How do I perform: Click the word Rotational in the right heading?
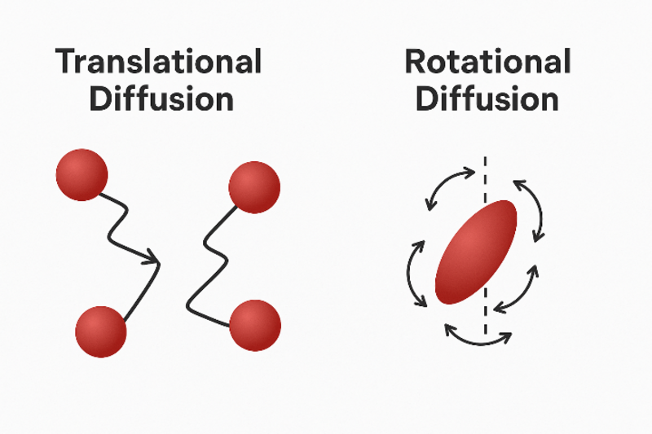point(487,63)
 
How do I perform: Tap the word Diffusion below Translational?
point(161,99)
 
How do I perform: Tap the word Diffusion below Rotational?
point(487,99)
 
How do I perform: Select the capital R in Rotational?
point(415,63)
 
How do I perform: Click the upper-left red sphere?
point(81,174)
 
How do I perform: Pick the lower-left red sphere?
point(100,331)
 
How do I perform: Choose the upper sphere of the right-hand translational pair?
point(254,186)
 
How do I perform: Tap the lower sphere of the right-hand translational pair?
point(255,325)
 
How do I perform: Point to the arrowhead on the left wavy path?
point(153,261)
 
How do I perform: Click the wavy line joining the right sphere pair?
point(204,261)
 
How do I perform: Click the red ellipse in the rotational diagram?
point(476,252)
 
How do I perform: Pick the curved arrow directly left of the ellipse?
point(415,274)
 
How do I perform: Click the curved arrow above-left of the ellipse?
point(447,185)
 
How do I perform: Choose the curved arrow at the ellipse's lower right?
point(518,292)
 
